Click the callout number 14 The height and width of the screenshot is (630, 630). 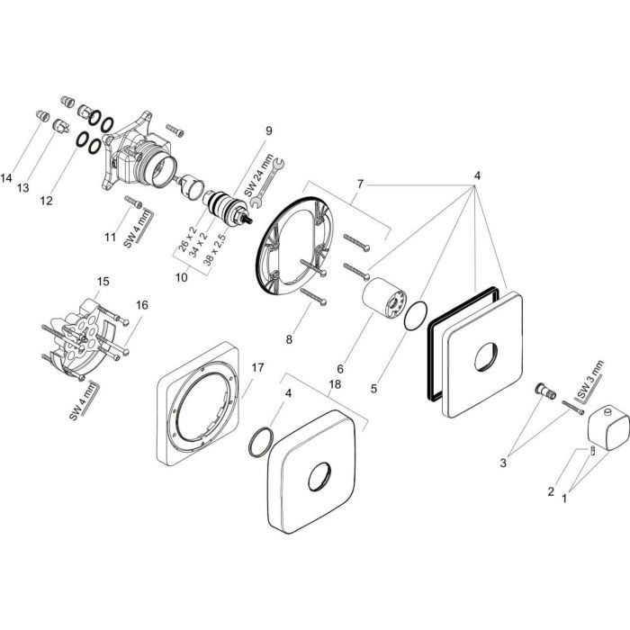(7, 178)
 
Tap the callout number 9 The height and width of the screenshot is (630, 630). (269, 130)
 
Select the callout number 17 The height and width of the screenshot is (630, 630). (257, 367)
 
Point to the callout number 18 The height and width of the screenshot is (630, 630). (335, 384)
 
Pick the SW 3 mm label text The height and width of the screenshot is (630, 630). (590, 380)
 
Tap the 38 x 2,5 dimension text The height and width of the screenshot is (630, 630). (215, 248)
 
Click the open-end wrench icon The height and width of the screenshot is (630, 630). (266, 184)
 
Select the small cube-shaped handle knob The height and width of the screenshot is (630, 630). (607, 427)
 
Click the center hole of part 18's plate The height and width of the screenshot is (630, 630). (319, 477)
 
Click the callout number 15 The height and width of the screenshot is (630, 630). (103, 281)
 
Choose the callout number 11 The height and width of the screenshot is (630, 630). (111, 237)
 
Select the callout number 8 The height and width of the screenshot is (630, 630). (289, 339)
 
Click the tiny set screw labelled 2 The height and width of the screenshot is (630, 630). (592, 451)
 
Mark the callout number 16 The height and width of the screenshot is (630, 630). (142, 305)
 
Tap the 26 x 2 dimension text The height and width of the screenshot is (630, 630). (187, 239)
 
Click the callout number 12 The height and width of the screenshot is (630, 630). (47, 200)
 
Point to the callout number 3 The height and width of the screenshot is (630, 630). (503, 463)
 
